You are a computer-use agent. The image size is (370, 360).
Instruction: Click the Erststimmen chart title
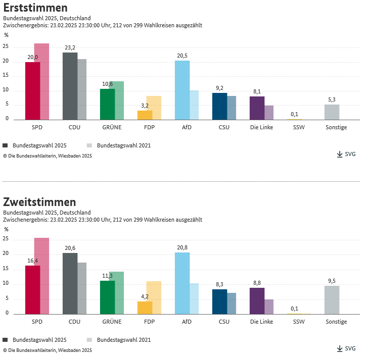coord(35,8)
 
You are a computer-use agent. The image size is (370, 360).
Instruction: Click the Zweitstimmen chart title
coord(39,202)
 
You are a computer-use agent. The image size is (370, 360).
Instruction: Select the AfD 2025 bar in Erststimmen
coord(182,90)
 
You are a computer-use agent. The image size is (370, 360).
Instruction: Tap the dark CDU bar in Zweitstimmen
coord(70,283)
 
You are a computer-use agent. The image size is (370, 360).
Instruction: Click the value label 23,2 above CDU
coord(70,48)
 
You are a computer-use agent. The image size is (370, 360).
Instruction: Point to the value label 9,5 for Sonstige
coord(332,281)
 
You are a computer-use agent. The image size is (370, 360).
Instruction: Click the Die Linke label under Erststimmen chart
coord(261,127)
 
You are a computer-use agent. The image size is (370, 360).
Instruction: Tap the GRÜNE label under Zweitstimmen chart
coord(111,322)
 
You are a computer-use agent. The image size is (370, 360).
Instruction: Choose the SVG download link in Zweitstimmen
coord(346,348)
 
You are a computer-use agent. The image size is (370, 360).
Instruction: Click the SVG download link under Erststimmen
coord(346,154)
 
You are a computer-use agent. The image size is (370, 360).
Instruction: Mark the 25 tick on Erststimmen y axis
coord(6,46)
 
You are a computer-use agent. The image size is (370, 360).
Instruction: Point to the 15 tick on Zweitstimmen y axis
coord(6,269)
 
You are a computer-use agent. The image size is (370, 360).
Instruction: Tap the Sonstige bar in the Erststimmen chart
coord(332,112)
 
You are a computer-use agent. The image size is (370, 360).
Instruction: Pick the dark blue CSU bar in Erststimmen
coord(219,106)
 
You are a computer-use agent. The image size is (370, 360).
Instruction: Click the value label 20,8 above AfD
coord(182,247)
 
